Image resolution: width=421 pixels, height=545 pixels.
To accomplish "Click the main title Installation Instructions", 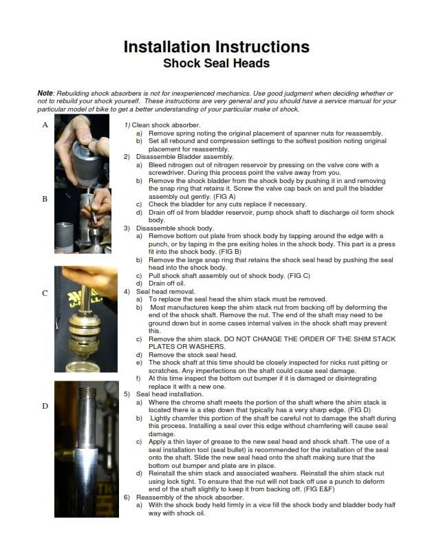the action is (217, 47).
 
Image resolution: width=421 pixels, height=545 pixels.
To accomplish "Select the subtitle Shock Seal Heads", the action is (217, 63).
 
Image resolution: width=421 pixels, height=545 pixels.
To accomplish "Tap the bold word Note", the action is (45, 93).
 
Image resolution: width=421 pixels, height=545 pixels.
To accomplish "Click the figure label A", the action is (45, 125).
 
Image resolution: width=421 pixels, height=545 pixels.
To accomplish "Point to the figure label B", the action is (45, 199).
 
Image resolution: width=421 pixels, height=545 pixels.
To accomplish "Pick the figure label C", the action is (45, 293).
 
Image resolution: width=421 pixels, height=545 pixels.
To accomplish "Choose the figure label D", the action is (45, 405).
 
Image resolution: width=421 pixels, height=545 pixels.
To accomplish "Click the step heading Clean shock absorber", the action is (166, 125).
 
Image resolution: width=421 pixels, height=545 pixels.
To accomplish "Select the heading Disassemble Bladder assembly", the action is (185, 157).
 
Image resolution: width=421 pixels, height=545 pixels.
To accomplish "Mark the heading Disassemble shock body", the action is (175, 228).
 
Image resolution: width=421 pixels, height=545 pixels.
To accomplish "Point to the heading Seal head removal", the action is (166, 291).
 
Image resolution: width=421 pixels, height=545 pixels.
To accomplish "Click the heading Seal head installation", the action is (169, 394).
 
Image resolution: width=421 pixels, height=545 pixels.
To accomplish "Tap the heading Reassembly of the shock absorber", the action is (190, 497).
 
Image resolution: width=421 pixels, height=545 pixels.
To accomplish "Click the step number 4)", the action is (127, 291).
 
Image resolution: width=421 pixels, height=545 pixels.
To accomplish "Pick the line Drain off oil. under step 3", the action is (166, 284).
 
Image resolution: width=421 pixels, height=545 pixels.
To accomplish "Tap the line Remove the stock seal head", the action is (193, 354).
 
